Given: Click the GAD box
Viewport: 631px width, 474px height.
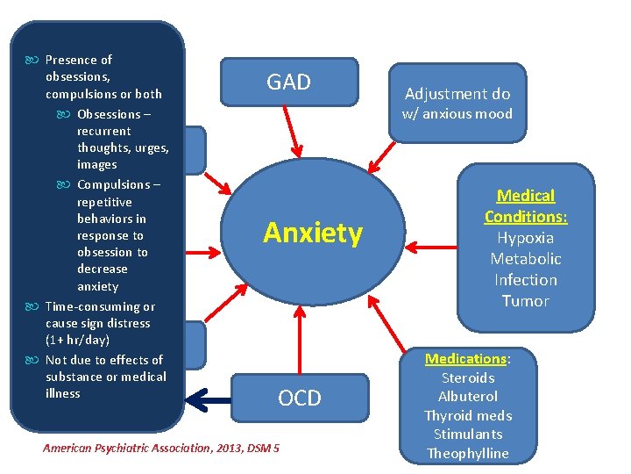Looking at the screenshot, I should tap(288, 83).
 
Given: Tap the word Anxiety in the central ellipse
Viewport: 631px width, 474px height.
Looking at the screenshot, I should tap(312, 233).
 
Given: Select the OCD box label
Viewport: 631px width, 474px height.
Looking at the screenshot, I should tap(300, 399).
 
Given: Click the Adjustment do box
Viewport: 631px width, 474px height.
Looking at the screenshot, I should tap(457, 94).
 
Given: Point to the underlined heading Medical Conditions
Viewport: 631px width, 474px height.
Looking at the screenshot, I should tap(526, 205).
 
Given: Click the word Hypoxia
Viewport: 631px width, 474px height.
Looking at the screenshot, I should tap(526, 238).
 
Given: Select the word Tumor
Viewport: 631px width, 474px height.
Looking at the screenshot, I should tap(526, 301).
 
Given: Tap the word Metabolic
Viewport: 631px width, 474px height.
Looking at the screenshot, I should tap(526, 259).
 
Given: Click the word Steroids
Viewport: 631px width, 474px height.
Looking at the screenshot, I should tap(468, 378).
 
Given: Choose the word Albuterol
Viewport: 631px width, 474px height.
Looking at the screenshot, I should tap(468, 397).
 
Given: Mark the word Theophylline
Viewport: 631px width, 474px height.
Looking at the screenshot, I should tap(468, 453).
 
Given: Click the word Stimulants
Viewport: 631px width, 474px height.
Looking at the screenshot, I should tap(468, 434).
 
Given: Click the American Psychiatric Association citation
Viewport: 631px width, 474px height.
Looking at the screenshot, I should tap(161, 448).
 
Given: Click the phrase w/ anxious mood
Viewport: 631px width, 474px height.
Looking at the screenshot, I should tap(457, 113).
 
